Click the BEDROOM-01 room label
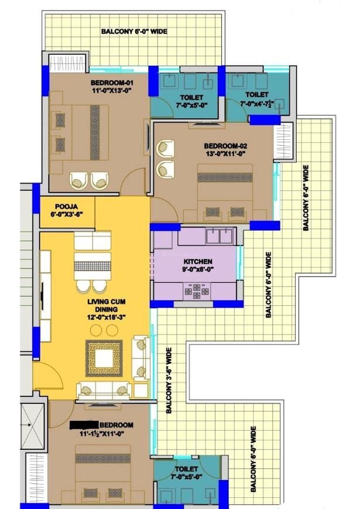click(112, 82)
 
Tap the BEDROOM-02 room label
click(225, 146)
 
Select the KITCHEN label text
click(197, 262)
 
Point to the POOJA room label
click(66, 207)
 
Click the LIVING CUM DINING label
click(107, 305)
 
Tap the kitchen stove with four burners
click(196, 291)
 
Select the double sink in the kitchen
click(220, 236)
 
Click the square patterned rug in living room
click(104, 359)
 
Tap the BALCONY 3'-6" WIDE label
click(169, 381)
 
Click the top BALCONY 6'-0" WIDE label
click(134, 32)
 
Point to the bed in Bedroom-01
click(79, 132)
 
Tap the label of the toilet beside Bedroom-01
click(191, 97)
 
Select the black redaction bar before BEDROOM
click(84, 425)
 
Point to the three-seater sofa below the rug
click(104, 389)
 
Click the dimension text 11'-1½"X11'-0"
click(102, 434)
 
